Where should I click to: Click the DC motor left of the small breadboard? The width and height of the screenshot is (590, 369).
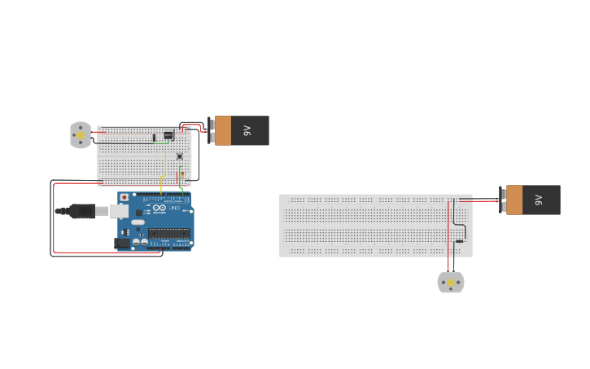(81, 135)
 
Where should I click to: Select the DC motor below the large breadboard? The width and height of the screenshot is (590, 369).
(451, 283)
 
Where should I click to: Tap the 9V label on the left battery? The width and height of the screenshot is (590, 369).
(247, 130)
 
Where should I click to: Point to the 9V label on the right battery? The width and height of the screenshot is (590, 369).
(538, 200)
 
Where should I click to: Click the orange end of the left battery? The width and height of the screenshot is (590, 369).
(222, 130)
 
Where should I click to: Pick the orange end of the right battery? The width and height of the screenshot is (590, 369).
(514, 200)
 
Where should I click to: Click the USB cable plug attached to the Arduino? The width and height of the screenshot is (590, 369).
(82, 212)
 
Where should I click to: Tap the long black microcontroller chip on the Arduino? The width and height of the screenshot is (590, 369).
(168, 233)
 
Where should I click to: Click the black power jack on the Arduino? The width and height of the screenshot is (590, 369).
(123, 243)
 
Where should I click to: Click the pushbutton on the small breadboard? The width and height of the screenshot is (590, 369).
(179, 156)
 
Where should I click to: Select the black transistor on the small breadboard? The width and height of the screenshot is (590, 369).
(168, 135)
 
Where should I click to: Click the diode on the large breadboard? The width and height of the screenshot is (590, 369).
(460, 241)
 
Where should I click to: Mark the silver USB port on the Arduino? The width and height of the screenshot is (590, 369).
(119, 213)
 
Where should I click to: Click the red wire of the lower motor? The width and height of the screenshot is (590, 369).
(448, 236)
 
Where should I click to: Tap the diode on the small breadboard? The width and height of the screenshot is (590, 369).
(154, 137)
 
